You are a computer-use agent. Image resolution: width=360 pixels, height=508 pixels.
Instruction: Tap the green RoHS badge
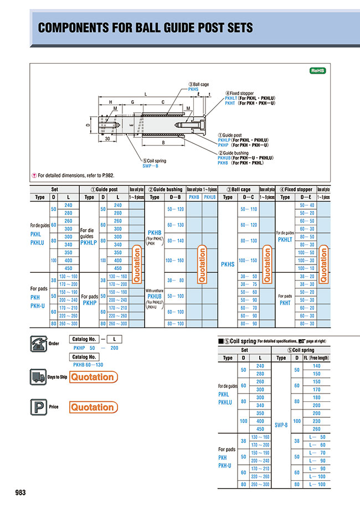(x=318, y=71)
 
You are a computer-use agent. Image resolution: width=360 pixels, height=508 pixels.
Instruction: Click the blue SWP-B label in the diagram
(x=150, y=165)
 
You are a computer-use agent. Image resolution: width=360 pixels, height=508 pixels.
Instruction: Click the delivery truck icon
(x=37, y=377)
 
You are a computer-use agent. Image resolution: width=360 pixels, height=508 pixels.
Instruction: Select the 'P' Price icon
(x=37, y=407)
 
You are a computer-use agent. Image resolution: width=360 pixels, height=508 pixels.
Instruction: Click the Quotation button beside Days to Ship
(x=92, y=377)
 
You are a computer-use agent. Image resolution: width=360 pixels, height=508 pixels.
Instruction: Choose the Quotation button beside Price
(x=92, y=407)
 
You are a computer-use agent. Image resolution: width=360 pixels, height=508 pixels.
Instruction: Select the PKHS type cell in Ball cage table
(x=228, y=265)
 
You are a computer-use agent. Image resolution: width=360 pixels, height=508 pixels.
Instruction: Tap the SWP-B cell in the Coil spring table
(x=281, y=425)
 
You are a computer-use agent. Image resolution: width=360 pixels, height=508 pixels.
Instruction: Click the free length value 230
(x=316, y=421)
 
